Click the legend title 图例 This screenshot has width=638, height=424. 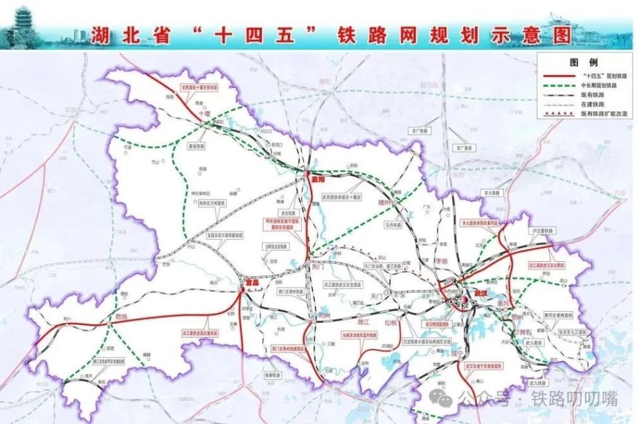[577, 62]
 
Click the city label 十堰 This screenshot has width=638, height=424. [204, 114]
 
